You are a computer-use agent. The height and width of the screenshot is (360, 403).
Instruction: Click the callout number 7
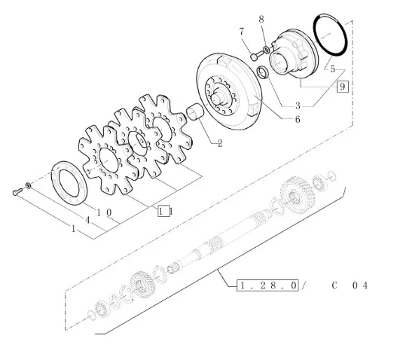241,32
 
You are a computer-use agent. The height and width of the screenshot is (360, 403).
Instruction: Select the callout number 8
261,20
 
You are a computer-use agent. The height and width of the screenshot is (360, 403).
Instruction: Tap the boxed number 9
343,87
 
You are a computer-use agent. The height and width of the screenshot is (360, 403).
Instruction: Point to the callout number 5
333,69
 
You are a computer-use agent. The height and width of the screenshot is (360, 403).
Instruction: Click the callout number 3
298,105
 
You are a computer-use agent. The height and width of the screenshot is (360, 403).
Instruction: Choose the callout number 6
298,119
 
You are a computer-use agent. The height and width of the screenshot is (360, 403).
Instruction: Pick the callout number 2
220,143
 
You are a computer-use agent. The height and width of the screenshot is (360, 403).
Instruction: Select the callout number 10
104,212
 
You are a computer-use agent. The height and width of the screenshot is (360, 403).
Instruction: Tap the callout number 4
87,220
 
